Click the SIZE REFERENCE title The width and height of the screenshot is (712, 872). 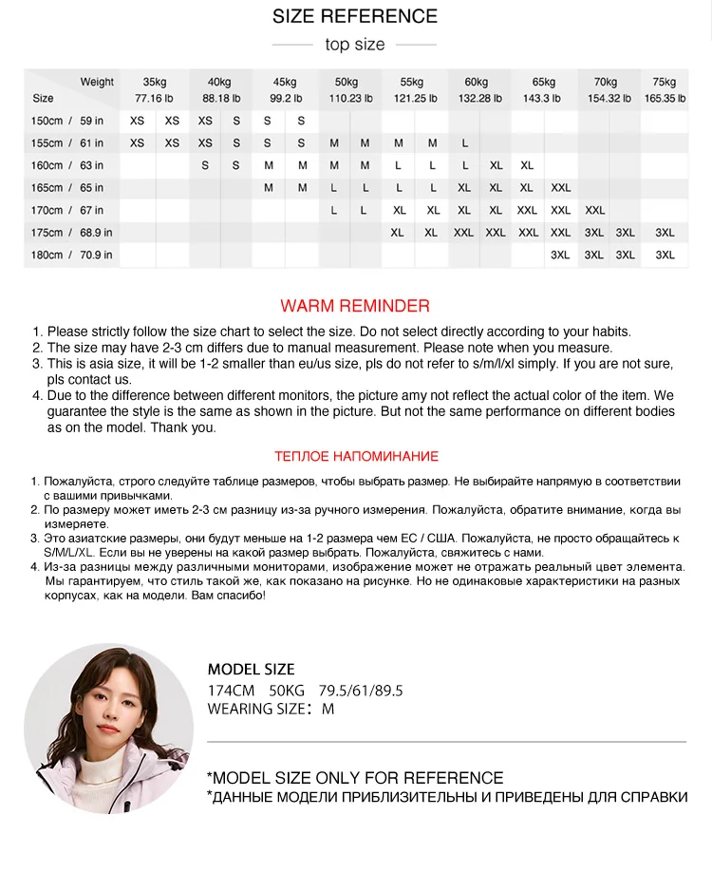point(355,16)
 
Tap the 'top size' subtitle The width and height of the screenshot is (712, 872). point(355,45)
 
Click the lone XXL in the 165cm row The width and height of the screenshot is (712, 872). point(561,188)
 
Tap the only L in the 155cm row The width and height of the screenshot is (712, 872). point(465,143)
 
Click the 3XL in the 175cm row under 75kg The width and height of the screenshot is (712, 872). point(665,233)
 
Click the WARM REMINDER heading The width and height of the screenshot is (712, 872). point(355,306)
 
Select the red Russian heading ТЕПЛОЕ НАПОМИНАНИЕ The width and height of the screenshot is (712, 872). point(356,457)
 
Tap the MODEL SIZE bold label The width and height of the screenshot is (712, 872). point(252,669)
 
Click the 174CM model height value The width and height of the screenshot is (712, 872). point(232,691)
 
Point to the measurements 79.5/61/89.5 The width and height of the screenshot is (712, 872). point(361,691)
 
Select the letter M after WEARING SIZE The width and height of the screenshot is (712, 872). point(328,709)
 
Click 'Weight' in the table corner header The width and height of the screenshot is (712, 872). point(97,82)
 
